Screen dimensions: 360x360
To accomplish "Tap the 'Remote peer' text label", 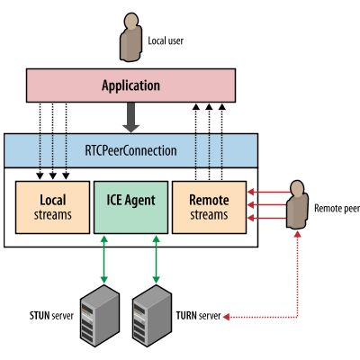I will (337, 207).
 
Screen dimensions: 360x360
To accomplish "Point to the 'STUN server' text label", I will (45, 317).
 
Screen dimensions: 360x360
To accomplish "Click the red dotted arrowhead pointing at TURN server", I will (228, 317).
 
